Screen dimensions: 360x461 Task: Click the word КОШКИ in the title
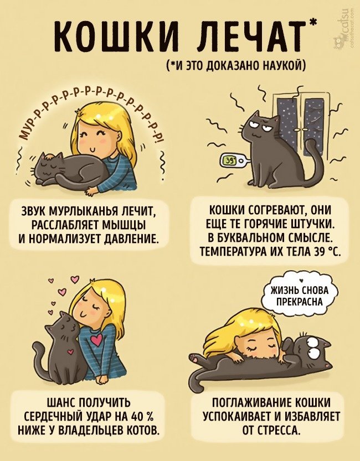pyautogui.click(x=116, y=35)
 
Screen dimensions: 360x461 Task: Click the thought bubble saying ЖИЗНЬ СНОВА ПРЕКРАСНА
pyautogui.click(x=300, y=296)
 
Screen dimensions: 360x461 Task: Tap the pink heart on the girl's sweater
pyautogui.click(x=96, y=339)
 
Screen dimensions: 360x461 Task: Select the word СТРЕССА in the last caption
pyautogui.click(x=279, y=431)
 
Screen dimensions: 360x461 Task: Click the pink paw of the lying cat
pyautogui.click(x=194, y=358)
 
